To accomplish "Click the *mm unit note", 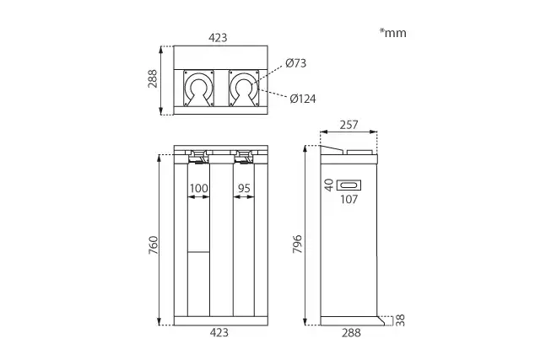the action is click(393, 33).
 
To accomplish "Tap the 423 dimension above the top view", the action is click(218, 37).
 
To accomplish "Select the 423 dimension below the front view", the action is click(219, 332).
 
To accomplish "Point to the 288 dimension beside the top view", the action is click(153, 78).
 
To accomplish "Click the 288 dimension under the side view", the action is click(351, 333).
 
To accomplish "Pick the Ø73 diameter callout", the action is click(296, 63).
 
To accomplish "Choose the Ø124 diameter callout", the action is click(303, 99).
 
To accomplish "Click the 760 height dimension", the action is click(154, 244).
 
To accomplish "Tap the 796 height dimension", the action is click(297, 244).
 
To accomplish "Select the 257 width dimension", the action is click(349, 125).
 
